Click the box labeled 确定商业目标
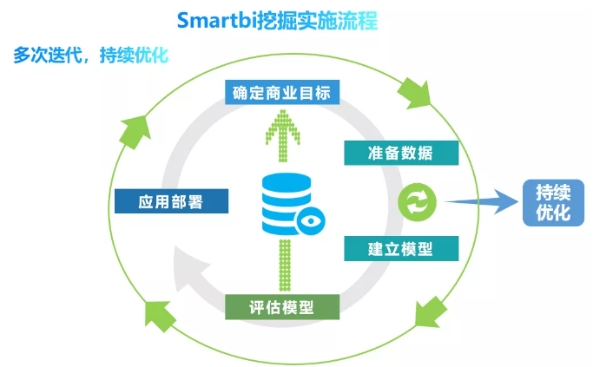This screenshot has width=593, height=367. tap(282, 92)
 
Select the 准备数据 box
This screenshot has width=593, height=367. tap(401, 153)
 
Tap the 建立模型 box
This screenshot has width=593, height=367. tap(401, 248)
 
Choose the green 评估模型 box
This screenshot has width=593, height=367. tap(282, 307)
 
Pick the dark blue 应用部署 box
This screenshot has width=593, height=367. tap(171, 201)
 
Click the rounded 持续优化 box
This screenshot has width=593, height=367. tap(553, 202)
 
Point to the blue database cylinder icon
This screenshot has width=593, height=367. tap(287, 203)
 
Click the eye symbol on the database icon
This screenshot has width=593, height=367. tap(311, 221)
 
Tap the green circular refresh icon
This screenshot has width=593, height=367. tap(417, 202)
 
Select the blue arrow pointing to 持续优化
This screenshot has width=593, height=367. tap(481, 202)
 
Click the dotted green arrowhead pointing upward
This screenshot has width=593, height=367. tap(283, 127)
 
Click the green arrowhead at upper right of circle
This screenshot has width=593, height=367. tap(415, 94)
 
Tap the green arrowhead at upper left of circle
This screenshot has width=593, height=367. tap(135, 131)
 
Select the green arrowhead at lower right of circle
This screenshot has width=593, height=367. tap(431, 312)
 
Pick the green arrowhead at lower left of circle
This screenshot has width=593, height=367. tap(160, 316)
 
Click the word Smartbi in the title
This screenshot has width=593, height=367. tap(216, 20)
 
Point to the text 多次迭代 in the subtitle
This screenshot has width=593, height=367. tap(48, 56)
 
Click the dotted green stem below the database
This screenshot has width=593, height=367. tap(285, 265)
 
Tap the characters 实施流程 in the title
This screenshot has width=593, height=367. tap(337, 21)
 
